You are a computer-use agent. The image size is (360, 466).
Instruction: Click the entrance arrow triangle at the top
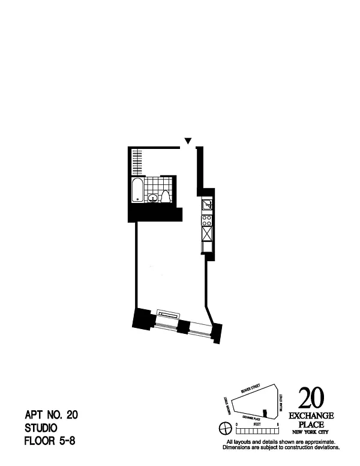point(188,141)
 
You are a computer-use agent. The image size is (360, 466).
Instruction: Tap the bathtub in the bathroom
point(137,190)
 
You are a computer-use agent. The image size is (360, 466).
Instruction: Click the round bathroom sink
point(152,197)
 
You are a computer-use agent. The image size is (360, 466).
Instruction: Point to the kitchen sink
point(207,206)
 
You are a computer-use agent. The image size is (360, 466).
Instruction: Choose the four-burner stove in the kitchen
point(207,220)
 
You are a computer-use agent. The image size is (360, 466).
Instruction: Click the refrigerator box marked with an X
point(207,233)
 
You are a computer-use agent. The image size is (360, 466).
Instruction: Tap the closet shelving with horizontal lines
point(137,160)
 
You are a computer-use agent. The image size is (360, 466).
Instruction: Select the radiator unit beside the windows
point(167,313)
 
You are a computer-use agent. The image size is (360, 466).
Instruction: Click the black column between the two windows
point(184,327)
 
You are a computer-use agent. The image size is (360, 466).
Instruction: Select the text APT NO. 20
point(51,415)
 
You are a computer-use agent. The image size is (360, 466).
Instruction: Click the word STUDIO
point(41,428)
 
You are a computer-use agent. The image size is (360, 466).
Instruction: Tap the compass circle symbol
point(225,428)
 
